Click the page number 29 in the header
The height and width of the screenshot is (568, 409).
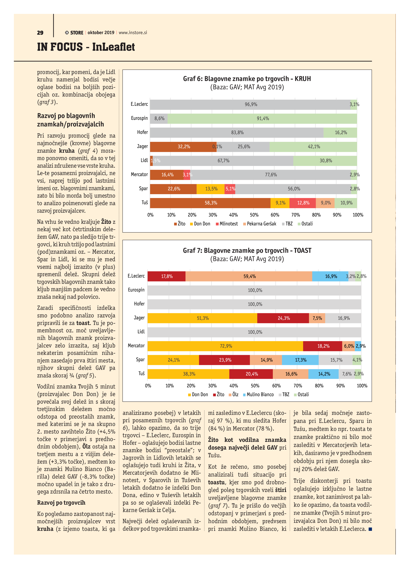(40, 33)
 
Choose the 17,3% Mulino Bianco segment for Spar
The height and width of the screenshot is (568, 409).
(300, 360)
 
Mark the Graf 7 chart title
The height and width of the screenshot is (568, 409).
(247, 250)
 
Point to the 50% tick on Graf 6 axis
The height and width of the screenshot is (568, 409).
(254, 215)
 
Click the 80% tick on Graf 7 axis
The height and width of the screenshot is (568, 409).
(319, 386)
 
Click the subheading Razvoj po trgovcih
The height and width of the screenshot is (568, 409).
(61, 503)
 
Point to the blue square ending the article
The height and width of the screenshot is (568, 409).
(370, 529)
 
